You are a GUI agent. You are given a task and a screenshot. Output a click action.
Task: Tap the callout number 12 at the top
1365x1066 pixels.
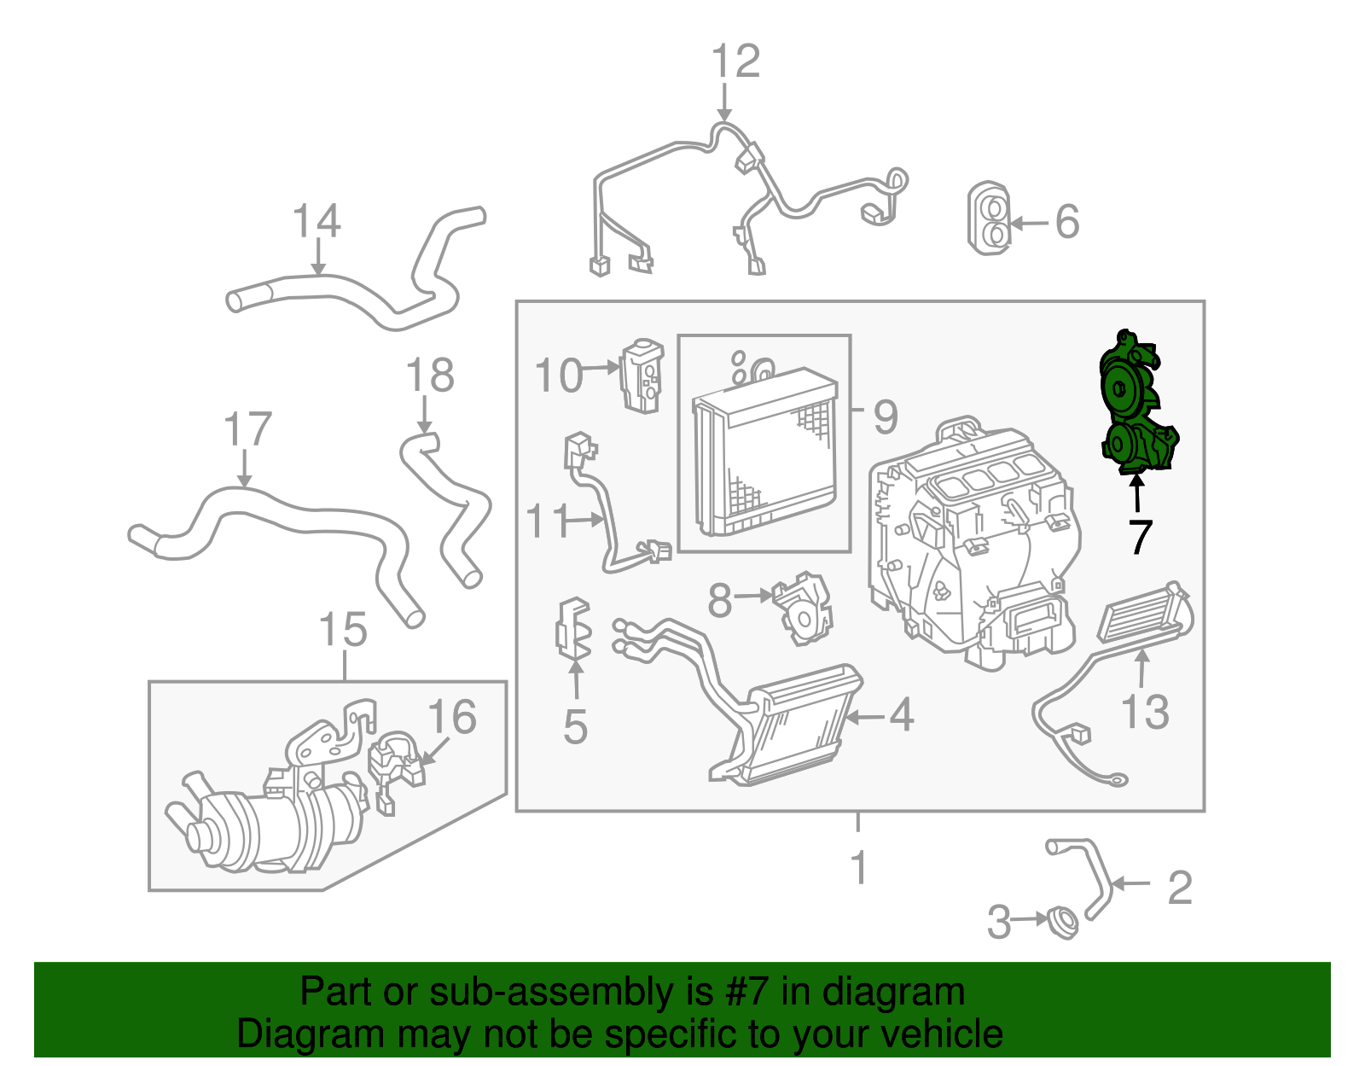(735, 61)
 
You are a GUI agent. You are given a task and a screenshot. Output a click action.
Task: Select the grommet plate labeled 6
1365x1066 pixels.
(990, 218)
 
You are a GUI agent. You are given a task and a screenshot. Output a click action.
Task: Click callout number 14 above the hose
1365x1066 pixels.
(317, 221)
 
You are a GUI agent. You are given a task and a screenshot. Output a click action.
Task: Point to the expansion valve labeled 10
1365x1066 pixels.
(642, 376)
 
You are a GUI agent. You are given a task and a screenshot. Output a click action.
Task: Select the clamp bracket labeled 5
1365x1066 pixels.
(573, 629)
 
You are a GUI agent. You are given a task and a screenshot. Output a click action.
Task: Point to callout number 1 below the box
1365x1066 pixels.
(859, 868)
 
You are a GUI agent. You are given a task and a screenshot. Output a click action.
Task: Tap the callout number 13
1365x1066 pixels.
(1145, 712)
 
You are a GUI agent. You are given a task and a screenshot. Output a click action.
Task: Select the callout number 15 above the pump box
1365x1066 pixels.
(343, 631)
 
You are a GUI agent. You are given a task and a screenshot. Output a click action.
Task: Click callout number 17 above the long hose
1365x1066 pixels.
(247, 430)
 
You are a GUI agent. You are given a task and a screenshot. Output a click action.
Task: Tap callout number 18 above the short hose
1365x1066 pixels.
(430, 376)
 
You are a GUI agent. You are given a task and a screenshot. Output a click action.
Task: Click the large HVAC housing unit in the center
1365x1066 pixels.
(973, 546)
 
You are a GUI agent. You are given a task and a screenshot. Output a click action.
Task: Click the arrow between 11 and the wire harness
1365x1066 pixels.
(587, 519)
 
